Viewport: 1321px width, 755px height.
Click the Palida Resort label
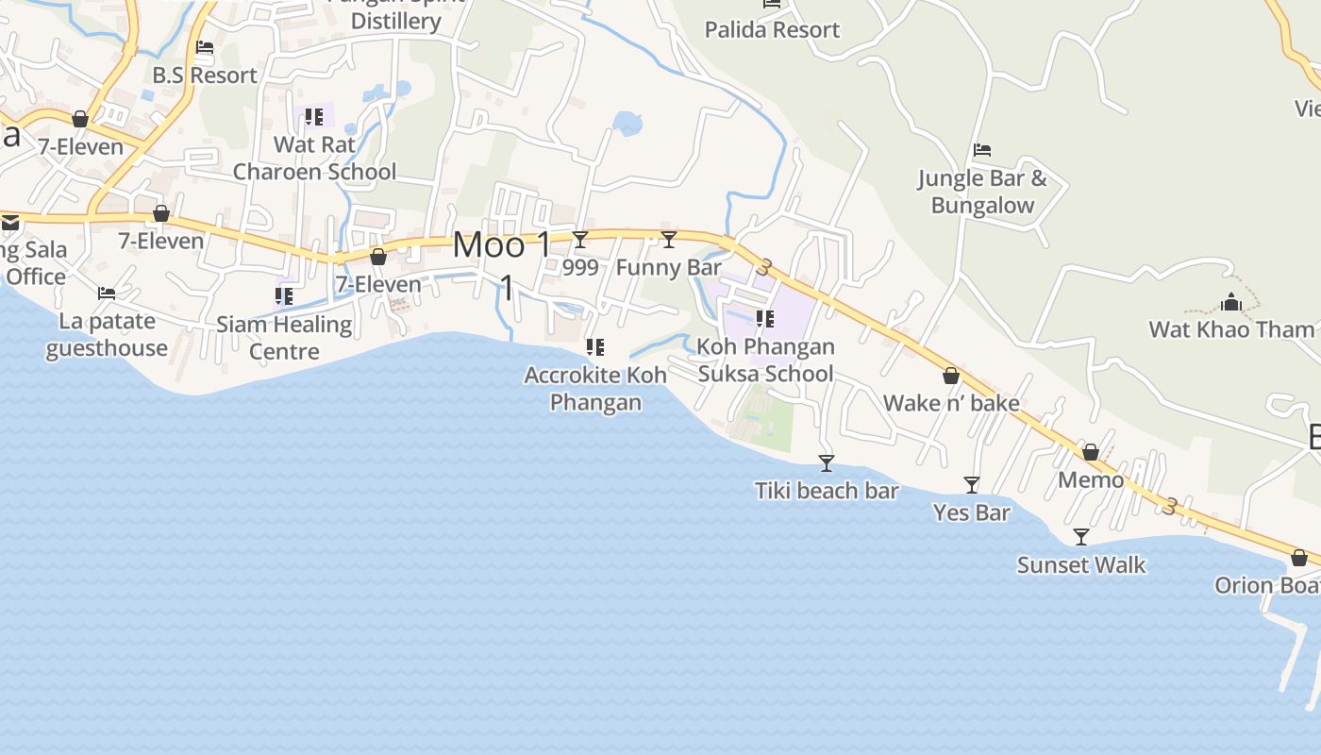(772, 30)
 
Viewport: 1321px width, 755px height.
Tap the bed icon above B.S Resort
(205, 48)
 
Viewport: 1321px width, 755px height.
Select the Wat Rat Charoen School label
(314, 159)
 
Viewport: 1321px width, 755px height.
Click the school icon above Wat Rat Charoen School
(314, 117)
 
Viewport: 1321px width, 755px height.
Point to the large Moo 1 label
(502, 245)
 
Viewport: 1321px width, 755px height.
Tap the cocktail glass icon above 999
(580, 240)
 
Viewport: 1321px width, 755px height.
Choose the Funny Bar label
(668, 268)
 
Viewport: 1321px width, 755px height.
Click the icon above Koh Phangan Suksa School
(765, 319)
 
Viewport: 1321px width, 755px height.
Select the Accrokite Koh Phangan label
(595, 388)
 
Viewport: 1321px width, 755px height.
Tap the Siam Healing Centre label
(284, 338)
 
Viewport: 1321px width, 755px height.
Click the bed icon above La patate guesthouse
(107, 294)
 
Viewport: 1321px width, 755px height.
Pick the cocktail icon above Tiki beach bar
(827, 462)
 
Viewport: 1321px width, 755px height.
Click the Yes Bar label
(971, 512)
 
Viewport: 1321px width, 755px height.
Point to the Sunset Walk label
(1081, 564)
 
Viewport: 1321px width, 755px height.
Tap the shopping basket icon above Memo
(1091, 453)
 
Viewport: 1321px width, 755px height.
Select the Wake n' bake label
(951, 403)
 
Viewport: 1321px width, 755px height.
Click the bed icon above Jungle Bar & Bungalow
(982, 150)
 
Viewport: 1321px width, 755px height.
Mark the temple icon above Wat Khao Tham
(1231, 302)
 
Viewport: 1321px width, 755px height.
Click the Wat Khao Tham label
(1231, 329)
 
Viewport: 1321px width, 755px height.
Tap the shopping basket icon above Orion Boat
(1299, 558)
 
